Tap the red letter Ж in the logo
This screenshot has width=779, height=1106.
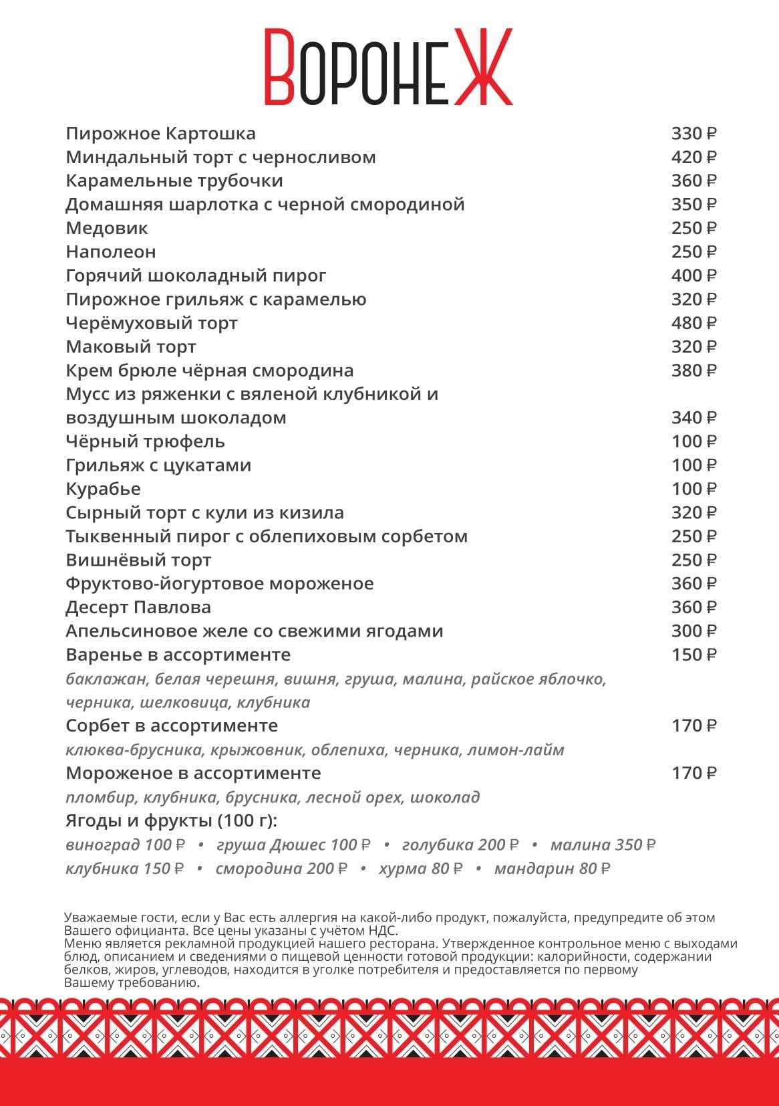[x=483, y=67]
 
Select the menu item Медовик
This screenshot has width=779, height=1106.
[x=107, y=228]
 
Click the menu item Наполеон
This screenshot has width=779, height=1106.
[x=111, y=252]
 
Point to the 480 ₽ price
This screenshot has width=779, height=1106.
[x=693, y=323]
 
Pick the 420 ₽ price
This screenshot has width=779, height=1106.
[x=693, y=157]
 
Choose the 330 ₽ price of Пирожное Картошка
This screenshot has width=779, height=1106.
[x=693, y=134]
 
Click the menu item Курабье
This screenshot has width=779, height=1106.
[x=104, y=489]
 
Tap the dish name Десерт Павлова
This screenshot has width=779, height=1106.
[x=138, y=607]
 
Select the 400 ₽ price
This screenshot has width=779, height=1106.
[x=693, y=275]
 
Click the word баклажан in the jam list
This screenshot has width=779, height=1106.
[x=107, y=679]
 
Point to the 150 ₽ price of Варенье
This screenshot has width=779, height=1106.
[x=693, y=655]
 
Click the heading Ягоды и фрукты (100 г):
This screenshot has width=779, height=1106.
[x=171, y=820]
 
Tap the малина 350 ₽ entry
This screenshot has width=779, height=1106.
[x=603, y=845]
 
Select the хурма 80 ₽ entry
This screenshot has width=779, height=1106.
[x=420, y=869]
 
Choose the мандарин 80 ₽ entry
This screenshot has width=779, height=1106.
[x=552, y=869]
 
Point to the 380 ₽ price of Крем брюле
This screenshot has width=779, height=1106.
[x=693, y=370]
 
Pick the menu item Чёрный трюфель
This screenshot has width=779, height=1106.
[x=145, y=441]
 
